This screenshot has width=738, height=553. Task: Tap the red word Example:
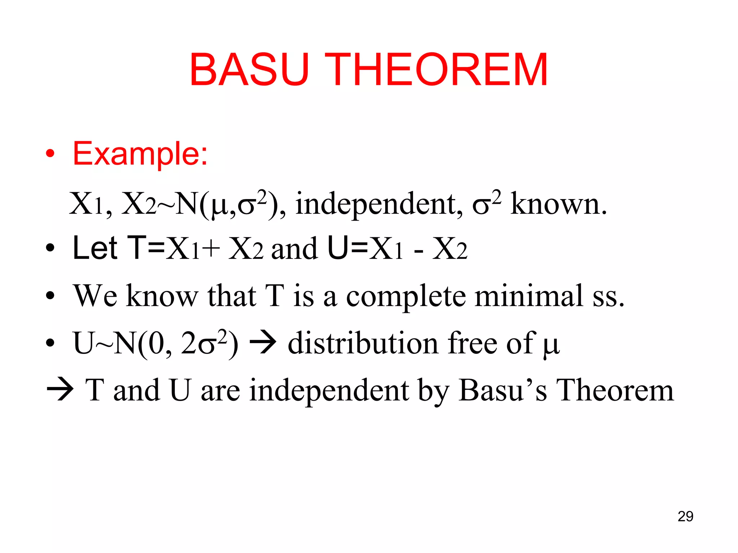point(140,154)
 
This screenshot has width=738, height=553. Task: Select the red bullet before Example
point(50,154)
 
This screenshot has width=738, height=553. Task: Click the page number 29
point(685,516)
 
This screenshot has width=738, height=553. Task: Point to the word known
point(559,204)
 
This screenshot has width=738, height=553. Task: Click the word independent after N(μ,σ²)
point(379,204)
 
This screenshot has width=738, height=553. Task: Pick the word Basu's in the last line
point(503,390)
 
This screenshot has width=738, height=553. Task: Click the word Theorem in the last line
point(615,390)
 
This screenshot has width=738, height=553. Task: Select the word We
point(95,296)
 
